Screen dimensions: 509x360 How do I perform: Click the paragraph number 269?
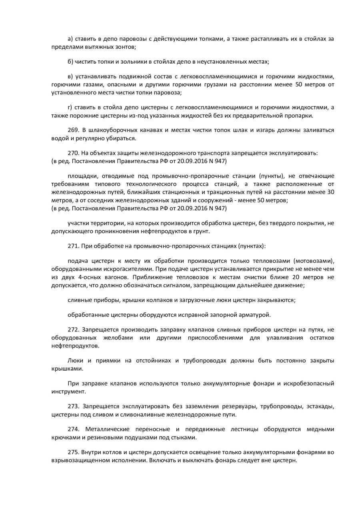[x=73, y=130]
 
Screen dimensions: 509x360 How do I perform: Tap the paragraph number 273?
[x=73, y=406]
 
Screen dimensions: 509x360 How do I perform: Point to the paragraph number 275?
[x=73, y=452]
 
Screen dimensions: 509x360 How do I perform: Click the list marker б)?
[x=70, y=62]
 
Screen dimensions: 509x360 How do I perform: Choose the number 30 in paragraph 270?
[x=330, y=192]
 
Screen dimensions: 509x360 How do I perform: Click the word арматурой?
[x=254, y=315]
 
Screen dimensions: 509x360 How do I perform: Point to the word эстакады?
[x=318, y=406]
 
